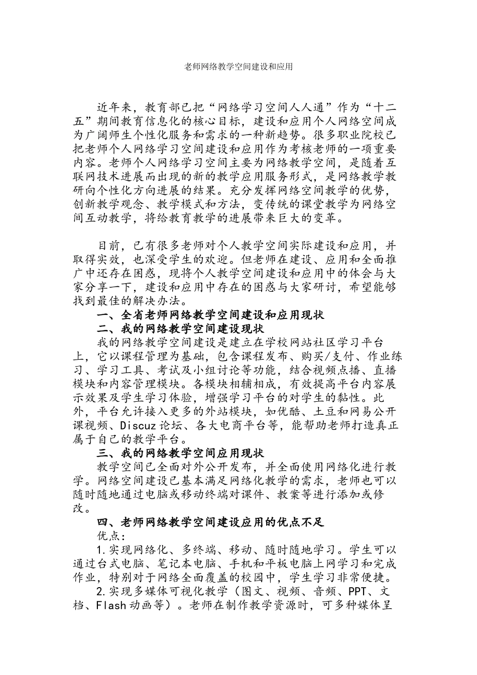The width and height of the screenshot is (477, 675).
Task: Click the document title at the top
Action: point(238,66)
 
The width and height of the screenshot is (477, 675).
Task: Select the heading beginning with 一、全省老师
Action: point(211,315)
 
